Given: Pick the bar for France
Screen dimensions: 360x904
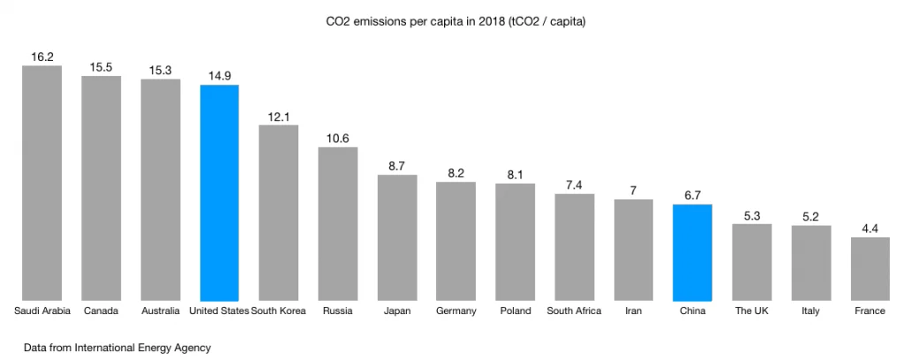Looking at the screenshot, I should coord(870,268).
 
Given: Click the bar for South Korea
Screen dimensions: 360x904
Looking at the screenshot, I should coord(278,212).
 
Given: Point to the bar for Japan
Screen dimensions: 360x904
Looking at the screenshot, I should coord(397,237).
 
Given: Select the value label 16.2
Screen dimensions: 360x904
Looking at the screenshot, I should coord(42,56).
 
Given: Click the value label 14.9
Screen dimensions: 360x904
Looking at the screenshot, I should coord(220,75).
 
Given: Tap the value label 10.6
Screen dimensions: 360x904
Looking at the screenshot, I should coord(338,138).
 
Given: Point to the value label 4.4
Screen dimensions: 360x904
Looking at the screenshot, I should coord(870,229).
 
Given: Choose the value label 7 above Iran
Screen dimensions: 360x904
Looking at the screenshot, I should coord(633,191).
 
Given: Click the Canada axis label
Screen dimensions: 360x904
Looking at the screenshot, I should coord(102,311).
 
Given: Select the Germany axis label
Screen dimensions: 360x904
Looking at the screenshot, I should coord(456,311).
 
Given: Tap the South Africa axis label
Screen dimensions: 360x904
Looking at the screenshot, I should coord(574,311).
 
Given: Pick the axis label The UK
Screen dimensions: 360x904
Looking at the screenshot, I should coord(751,311).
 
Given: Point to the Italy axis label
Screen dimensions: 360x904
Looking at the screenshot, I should coord(810,311).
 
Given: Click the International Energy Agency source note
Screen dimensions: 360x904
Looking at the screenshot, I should coord(113,348).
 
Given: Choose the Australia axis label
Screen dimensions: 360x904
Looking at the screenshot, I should coord(161,311).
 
